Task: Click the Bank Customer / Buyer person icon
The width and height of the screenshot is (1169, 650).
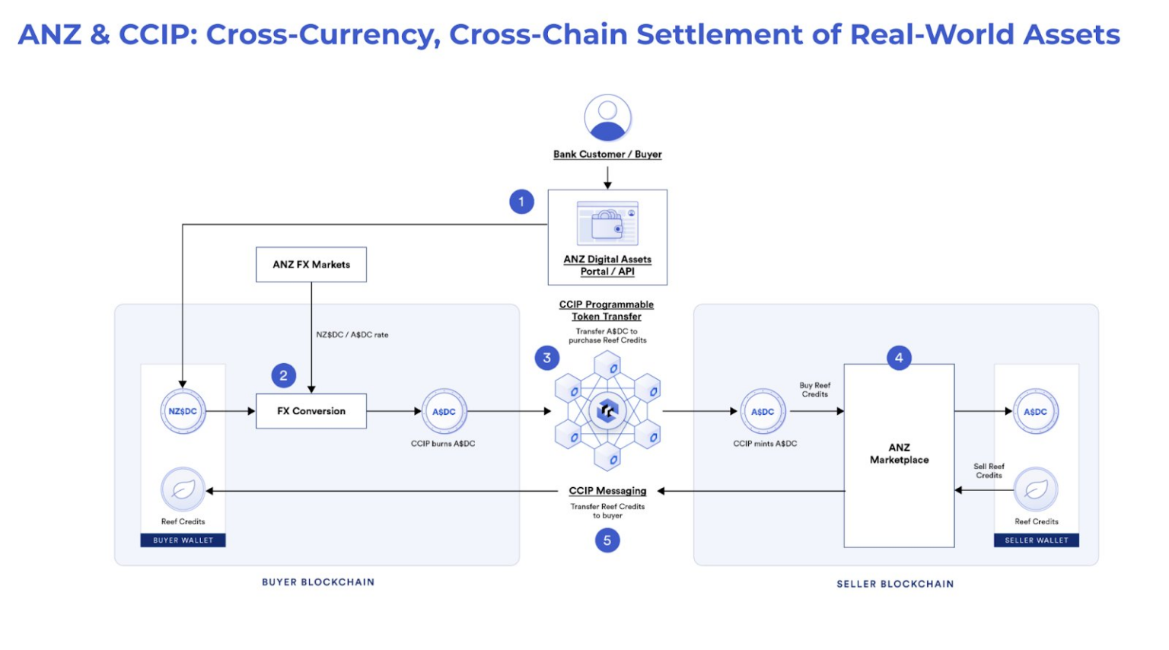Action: coord(607,118)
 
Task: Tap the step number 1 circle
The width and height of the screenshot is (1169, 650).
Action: coord(521,202)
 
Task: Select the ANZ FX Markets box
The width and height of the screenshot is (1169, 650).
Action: coord(311,264)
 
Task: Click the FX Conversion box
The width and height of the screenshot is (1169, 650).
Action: coord(311,411)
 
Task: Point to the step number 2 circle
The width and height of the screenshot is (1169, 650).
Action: coord(283,375)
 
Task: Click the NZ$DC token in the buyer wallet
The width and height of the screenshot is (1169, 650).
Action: coord(183,411)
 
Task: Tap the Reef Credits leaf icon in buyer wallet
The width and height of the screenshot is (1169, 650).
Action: coord(183,489)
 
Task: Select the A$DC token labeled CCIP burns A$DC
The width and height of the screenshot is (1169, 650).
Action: coord(444,411)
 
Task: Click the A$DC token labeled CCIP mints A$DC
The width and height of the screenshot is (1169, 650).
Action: coord(763,411)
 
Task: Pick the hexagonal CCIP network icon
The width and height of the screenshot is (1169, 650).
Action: coord(607,412)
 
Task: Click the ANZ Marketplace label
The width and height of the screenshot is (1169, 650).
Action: coord(899,454)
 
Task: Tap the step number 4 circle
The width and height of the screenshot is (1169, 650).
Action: coord(899,358)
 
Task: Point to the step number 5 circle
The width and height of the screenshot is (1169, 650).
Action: coord(607,540)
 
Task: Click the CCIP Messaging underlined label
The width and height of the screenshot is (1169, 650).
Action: coord(607,491)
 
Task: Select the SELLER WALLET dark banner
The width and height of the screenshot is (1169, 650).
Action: coord(1036,540)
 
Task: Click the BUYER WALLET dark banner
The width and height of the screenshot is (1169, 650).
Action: coord(183,540)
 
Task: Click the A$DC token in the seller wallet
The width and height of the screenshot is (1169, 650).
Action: coord(1035,411)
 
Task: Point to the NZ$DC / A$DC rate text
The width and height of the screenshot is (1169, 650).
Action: coord(352,335)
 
